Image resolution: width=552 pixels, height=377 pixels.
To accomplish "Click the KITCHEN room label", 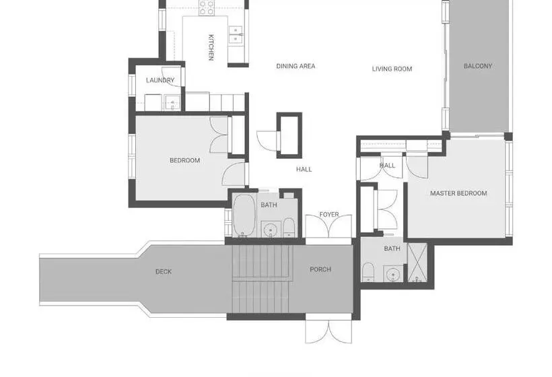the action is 211,47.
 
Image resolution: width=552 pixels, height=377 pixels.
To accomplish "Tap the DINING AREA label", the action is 296,66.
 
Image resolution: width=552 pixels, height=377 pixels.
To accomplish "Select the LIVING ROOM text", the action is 392,69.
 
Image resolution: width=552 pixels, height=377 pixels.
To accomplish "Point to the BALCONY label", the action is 478,66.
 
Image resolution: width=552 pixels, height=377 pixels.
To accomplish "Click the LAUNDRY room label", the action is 160,80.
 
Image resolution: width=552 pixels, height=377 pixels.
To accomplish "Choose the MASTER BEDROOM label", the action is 458,193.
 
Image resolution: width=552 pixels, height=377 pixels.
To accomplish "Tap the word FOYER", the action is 329,214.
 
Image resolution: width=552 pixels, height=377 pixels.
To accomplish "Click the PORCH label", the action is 320,269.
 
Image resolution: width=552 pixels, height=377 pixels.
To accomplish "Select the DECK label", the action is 164,271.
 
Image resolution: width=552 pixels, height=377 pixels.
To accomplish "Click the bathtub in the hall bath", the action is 244,214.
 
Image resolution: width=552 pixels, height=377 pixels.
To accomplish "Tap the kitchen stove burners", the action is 206,8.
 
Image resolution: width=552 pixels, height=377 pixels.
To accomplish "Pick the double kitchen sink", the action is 236,34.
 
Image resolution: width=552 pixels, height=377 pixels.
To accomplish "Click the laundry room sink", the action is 172,102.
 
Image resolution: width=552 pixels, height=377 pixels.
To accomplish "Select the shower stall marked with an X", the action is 417,262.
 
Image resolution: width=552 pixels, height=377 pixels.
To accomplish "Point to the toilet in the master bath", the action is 368,272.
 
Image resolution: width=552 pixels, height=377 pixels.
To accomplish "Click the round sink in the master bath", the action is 392,273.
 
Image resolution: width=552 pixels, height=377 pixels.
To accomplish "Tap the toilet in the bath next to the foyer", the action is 289,228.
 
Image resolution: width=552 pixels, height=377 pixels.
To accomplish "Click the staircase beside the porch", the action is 263,279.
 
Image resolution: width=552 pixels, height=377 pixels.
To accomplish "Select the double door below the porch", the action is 329,331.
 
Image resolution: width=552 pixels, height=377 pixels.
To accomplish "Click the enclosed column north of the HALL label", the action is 289,135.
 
